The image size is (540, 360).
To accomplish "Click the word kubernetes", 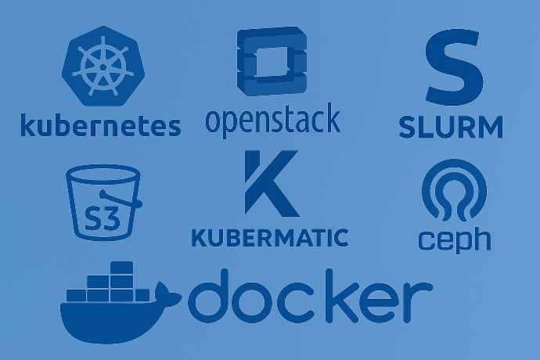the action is click(100, 125).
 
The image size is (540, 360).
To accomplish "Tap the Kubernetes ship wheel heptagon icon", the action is click(103, 66).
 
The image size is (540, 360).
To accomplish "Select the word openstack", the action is click(273, 120).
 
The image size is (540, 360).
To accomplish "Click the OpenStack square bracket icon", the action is click(272, 60).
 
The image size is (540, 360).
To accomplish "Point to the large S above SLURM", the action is click(454, 67).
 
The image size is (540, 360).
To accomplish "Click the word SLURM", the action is click(451, 127).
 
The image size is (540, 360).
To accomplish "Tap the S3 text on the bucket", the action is click(103, 219).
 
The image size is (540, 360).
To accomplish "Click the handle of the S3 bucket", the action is click(121, 200).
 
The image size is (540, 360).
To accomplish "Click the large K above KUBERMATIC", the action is click(271, 183).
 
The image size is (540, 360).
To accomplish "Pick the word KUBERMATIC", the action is click(270, 238).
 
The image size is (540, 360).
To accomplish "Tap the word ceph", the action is click(455, 239).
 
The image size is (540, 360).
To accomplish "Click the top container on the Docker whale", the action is click(121, 268).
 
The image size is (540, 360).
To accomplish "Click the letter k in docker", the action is click(342, 296).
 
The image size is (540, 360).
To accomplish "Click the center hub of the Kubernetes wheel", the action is click(103, 67).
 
